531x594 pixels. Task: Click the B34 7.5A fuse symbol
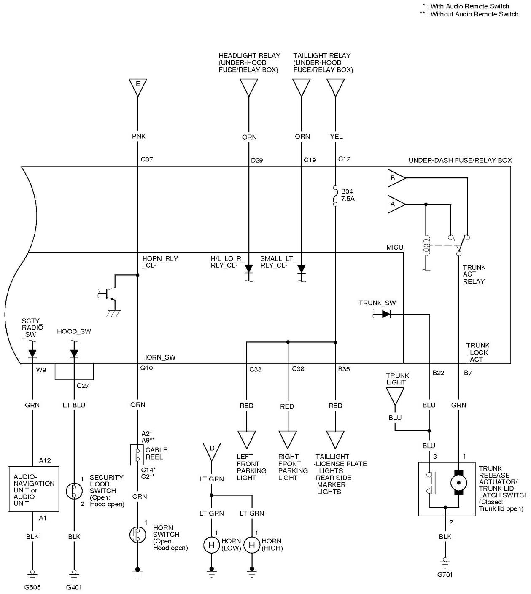335,195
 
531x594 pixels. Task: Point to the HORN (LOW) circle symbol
211,545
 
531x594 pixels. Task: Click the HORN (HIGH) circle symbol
252,545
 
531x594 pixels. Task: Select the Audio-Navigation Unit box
34,489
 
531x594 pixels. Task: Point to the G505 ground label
32,587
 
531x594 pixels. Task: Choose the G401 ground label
74,587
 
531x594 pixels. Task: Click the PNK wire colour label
138,136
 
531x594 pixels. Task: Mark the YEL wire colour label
336,137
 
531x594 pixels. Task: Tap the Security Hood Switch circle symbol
74,491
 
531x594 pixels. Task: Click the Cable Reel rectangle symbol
137,454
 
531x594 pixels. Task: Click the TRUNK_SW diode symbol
385,314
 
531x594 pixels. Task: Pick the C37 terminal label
147,159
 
